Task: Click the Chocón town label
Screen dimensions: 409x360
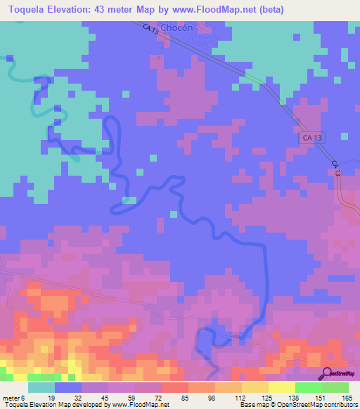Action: coord(176,28)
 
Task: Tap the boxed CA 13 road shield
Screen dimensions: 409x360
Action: coord(314,139)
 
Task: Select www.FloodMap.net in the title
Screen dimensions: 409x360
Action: coord(219,9)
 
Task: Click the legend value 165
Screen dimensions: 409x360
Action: coord(347,397)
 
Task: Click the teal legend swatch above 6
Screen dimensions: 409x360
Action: coord(41,387)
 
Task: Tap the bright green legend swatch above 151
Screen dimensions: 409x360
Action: coord(308,387)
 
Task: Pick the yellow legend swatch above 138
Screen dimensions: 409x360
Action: coord(281,387)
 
